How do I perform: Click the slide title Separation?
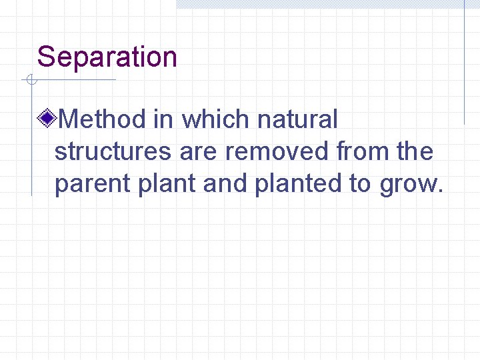[107, 57]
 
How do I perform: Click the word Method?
[102, 120]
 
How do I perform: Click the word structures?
[113, 152]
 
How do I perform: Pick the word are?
[199, 152]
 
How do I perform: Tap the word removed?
[277, 152]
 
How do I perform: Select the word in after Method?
[163, 120]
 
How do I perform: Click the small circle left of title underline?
[30, 81]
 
